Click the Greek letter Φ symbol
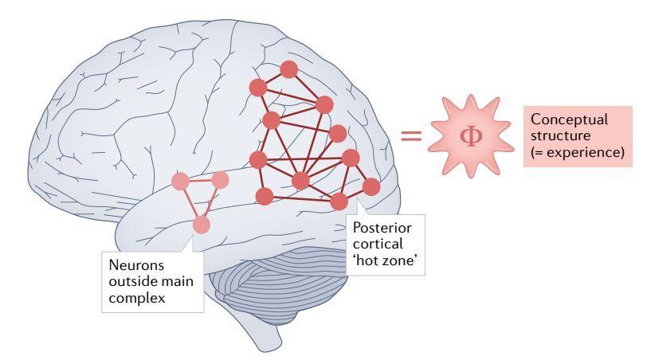click(x=471, y=136)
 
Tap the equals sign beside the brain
click(x=411, y=136)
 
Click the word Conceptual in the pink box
click(x=569, y=119)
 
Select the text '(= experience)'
click(x=577, y=151)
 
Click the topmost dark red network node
click(x=290, y=68)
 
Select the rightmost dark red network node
click(x=371, y=186)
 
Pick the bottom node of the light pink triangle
click(x=201, y=225)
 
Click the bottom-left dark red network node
click(x=265, y=195)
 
